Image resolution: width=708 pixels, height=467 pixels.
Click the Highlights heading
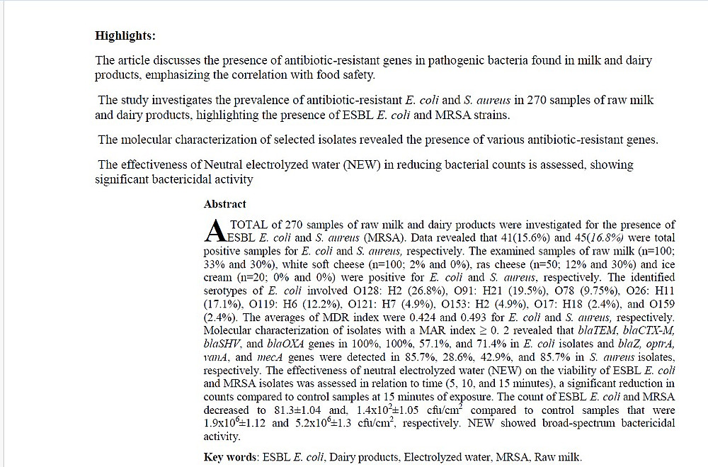(x=125, y=35)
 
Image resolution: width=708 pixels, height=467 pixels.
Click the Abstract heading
(x=224, y=204)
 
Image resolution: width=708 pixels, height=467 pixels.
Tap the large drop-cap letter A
(x=212, y=230)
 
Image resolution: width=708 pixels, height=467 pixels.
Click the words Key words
(x=230, y=457)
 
